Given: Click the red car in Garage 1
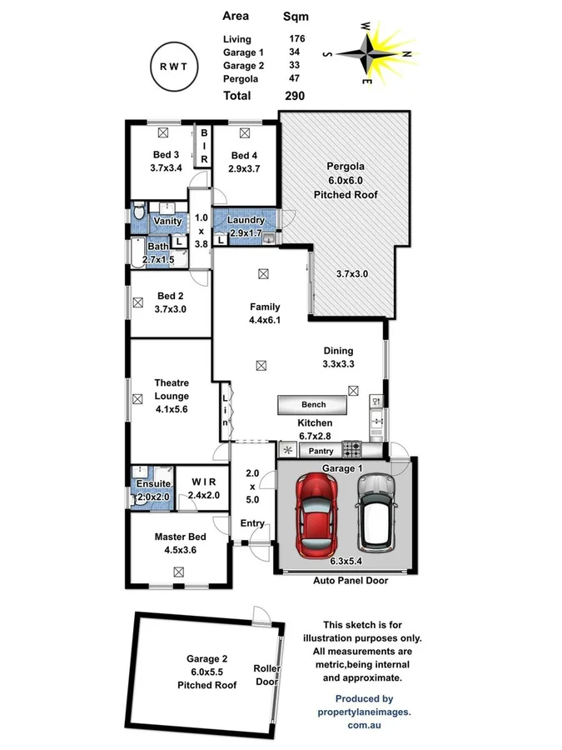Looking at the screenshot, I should tap(318, 515).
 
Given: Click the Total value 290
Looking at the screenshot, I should tap(294, 96).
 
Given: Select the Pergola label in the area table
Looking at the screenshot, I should tap(240, 78).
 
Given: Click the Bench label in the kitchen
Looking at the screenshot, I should tap(314, 405).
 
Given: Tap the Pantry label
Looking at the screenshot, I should tap(321, 451).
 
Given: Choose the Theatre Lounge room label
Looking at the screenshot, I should tap(172, 390).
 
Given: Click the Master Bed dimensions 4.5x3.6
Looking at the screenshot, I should tap(180, 549).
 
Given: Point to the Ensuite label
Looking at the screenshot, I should tap(153, 483).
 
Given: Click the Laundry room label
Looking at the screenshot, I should tap(245, 221).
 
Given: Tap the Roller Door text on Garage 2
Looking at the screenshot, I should tap(266, 676).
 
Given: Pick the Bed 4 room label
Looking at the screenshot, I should tap(245, 155).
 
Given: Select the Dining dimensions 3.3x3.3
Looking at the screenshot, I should tap(338, 364).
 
